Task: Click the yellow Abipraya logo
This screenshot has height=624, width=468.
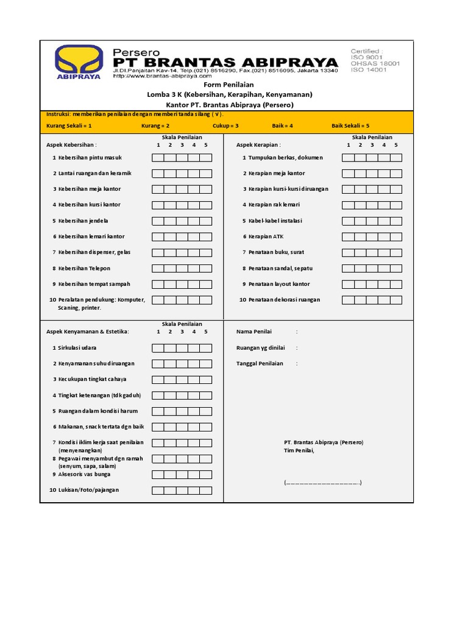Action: point(79,62)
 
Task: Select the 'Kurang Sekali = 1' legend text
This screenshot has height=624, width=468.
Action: point(69,126)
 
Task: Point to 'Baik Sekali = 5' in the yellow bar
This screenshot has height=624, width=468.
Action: point(350,126)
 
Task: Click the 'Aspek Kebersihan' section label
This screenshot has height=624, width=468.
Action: point(71,145)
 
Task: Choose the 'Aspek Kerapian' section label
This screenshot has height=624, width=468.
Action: point(258,145)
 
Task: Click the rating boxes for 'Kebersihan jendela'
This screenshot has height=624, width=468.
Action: point(182,221)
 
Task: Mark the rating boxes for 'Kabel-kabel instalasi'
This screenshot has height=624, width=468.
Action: point(372,221)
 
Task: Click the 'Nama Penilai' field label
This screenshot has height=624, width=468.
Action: point(254,331)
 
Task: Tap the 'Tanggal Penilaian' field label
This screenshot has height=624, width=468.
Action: point(260,363)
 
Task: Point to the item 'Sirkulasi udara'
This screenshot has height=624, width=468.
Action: point(77,347)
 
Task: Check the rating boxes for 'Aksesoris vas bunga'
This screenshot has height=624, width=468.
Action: point(182,474)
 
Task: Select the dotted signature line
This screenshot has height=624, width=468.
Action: point(322,483)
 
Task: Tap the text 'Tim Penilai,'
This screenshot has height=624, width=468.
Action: point(299,450)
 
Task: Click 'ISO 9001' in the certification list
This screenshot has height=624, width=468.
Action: point(365,57)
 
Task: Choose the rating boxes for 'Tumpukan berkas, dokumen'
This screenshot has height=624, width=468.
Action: point(372,158)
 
